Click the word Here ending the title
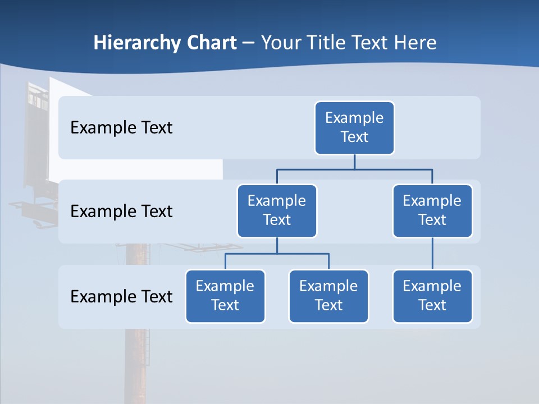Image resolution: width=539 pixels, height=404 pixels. pos(415,43)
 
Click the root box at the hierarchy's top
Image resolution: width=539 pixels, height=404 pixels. pos(354,127)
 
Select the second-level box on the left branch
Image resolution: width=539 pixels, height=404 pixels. pos(277,210)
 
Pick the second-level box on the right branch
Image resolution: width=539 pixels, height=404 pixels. pos(432,210)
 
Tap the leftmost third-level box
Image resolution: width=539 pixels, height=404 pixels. pos(225,296)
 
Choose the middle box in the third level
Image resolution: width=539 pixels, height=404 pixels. pos(328,296)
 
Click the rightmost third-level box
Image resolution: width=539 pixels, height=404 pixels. pos(432,296)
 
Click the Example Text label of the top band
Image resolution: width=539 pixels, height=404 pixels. pos(121,128)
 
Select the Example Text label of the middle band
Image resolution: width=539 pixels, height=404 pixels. pos(121,212)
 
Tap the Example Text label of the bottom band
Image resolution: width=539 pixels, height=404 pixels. pos(121,296)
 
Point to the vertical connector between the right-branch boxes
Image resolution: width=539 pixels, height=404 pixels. pos(432,253)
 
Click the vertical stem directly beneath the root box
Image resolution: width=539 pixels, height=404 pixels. pos(354,162)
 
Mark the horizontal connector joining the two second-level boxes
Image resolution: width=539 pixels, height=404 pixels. pos(354,169)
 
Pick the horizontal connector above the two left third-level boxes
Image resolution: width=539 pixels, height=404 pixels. pos(277,254)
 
